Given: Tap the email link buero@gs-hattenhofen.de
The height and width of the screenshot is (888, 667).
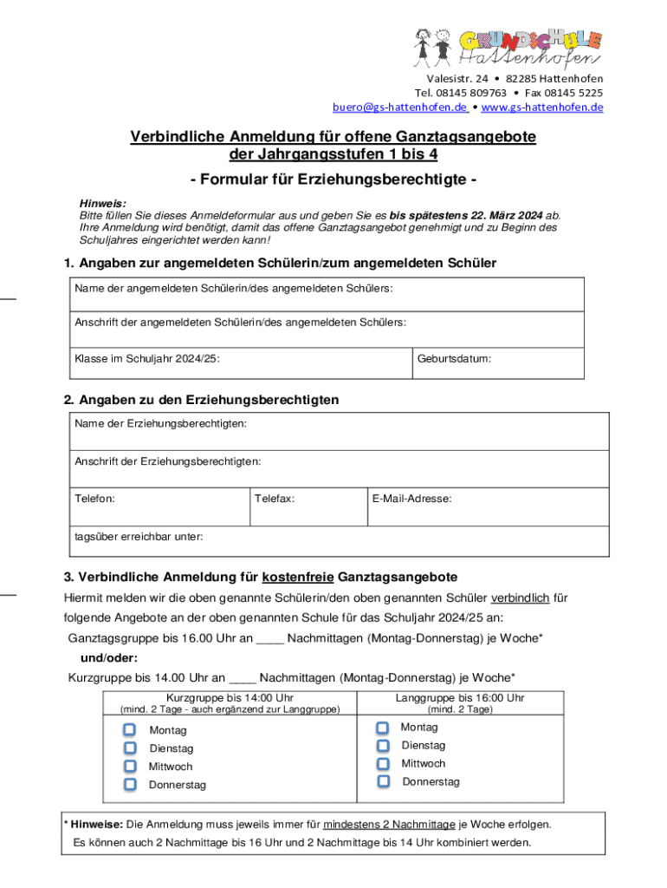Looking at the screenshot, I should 399,108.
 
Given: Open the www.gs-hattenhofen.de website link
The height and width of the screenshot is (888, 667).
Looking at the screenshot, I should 541,108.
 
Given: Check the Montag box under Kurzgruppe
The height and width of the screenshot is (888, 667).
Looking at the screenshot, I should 130,730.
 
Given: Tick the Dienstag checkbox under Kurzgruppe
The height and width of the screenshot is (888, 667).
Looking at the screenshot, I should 130,748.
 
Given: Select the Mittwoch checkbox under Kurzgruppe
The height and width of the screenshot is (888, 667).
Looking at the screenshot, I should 130,766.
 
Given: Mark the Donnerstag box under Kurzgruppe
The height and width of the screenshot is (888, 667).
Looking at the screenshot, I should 130,784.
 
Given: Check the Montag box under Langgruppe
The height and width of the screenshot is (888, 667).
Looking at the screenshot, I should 383,728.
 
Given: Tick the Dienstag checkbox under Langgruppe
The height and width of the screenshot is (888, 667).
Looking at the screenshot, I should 383,746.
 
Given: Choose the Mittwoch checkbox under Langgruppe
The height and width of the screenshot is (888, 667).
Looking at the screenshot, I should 383,764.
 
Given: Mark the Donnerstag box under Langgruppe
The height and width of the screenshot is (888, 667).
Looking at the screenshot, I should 383,782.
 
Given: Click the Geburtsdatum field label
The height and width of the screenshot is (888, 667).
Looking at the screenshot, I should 454,357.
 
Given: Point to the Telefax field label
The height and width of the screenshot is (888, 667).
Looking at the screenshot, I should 275,499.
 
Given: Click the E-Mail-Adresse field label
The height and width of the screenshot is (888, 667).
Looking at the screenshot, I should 411,499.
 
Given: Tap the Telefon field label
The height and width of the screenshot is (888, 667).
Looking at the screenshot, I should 94,499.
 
